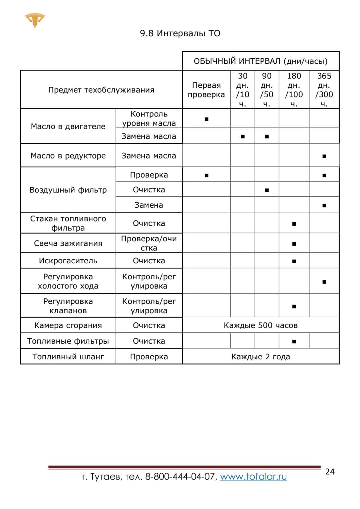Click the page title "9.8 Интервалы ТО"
coord(180,33)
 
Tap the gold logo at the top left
coord(35,20)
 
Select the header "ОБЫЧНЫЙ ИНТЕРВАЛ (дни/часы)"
coord(260,61)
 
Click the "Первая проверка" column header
coord(206,90)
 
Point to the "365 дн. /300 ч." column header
coord(324,90)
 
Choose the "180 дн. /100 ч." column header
coord(294,90)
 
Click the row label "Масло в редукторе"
coord(68,156)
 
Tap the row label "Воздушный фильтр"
coord(68,190)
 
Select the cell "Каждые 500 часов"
coord(260,325)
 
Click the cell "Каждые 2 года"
coord(260,357)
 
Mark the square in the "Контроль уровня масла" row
coord(206,119)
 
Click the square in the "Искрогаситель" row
coord(294,261)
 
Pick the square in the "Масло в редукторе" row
coord(324,156)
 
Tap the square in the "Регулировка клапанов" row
coord(294,306)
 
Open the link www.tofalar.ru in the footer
coord(253,477)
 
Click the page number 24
coord(330,472)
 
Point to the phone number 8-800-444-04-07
coord(180,477)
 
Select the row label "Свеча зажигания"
coord(68,243)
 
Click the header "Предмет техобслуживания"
coord(101,90)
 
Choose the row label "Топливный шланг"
coord(68,357)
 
